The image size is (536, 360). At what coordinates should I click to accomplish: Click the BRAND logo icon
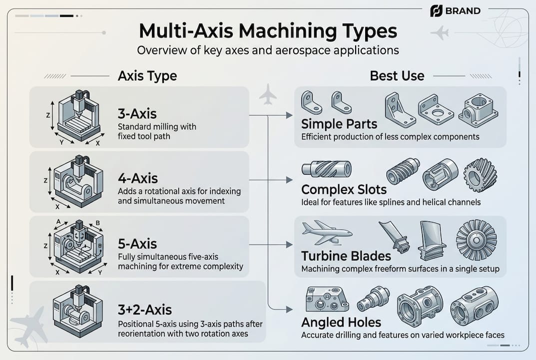[436, 10]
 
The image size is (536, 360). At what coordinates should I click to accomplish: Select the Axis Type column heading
[147, 76]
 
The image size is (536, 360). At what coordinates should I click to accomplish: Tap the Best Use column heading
[397, 76]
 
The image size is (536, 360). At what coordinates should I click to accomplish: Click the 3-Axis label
[137, 112]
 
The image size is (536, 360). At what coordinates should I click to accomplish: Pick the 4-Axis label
[138, 178]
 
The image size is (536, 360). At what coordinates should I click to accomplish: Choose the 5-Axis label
[137, 243]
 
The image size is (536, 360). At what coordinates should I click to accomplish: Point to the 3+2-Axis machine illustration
[77, 310]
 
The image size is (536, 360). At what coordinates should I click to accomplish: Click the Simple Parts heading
[339, 124]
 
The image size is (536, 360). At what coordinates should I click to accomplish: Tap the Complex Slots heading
[344, 190]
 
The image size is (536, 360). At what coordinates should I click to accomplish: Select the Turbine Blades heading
[346, 256]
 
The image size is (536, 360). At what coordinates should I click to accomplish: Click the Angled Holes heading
[341, 322]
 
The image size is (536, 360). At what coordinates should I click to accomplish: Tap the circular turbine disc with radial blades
[476, 239]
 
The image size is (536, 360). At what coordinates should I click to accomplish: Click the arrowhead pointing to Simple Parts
[289, 115]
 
